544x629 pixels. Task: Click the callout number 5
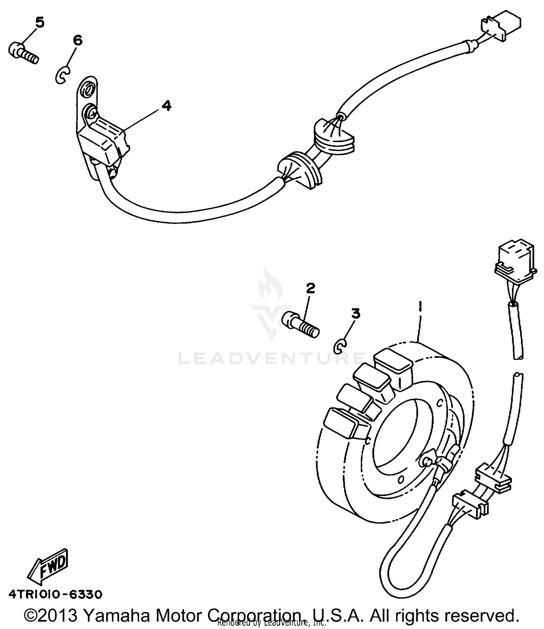tap(40, 22)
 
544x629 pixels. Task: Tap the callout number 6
tap(77, 40)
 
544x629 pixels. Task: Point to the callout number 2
tap(310, 288)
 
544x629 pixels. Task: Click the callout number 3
tap(355, 313)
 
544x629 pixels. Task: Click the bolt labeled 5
tap(22, 53)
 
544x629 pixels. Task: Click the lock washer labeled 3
tap(340, 346)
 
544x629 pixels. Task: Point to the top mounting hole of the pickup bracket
tap(87, 89)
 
